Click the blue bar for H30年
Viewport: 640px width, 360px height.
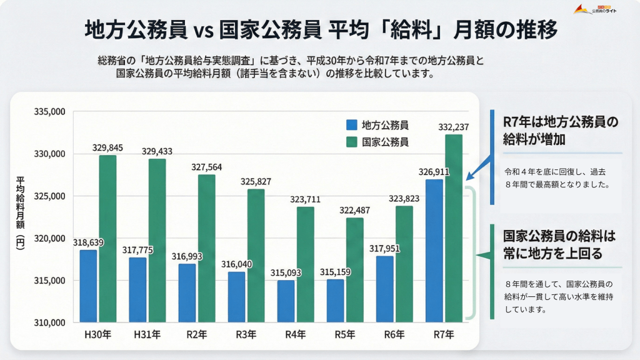pos(88,286)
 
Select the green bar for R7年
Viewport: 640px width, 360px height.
pos(454,228)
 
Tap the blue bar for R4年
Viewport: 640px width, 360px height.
pos(286,301)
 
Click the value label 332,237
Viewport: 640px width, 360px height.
pos(454,127)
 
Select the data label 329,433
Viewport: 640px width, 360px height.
pos(157,151)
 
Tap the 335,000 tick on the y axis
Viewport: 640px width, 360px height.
pos(51,112)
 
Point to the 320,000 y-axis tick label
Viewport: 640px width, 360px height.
pos(51,238)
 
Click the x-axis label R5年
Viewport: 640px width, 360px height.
pos(345,335)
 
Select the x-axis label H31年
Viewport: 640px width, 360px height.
pos(148,335)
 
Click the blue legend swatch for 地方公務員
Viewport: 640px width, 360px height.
pos(351,124)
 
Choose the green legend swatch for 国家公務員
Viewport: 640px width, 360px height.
pos(351,142)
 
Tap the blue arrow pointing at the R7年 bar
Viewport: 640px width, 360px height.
pos(479,168)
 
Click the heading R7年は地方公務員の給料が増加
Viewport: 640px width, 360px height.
pos(560,130)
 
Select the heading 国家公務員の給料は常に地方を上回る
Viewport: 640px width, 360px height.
pos(560,245)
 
